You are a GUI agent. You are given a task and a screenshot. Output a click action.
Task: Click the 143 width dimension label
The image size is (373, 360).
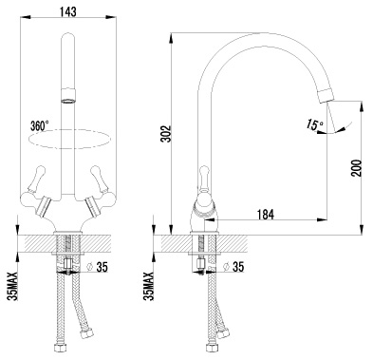pos(68,11)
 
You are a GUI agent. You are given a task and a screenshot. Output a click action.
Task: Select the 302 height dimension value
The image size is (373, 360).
pos(166,134)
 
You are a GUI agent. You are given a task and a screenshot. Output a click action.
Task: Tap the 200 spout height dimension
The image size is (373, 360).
pos(357,168)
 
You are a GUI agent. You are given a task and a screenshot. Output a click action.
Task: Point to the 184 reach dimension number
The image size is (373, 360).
pos(265,215)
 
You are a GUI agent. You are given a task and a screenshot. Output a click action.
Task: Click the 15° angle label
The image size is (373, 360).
pos(314,124)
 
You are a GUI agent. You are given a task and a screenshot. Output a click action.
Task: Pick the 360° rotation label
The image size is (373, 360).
pos(40,125)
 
